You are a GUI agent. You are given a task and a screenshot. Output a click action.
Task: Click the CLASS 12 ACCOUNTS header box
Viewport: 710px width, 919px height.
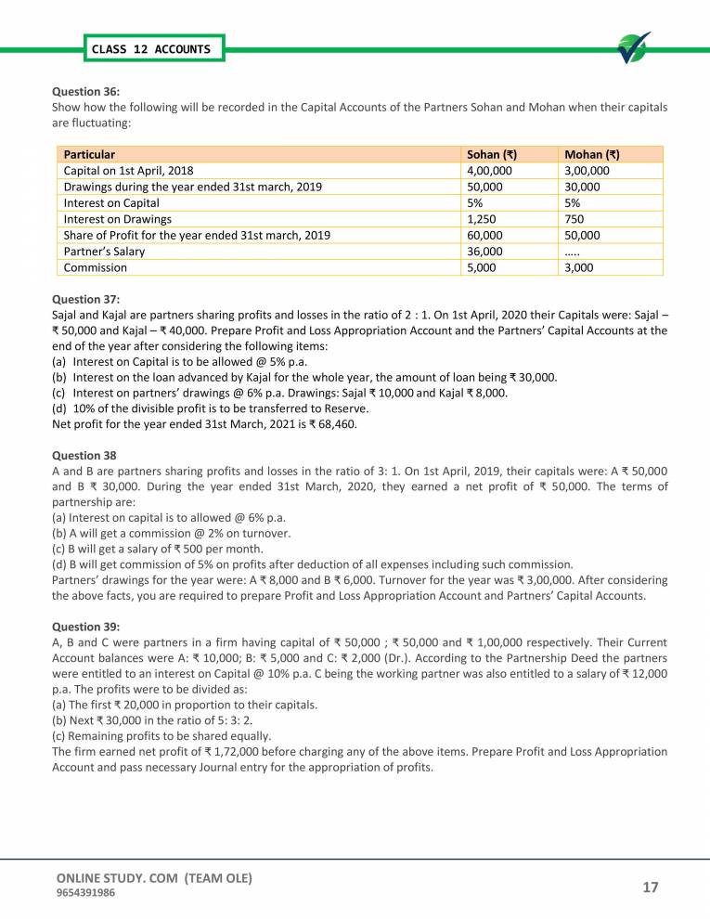coord(150,49)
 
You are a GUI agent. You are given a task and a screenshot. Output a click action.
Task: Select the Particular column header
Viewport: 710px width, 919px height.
coord(89,154)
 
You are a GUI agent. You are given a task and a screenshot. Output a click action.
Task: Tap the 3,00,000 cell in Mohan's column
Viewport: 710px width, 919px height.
coord(587,171)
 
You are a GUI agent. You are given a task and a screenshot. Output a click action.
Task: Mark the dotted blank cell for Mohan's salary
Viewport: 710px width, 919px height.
coord(573,251)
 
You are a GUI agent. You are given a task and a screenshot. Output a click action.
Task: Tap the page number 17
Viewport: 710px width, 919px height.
coord(650,887)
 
